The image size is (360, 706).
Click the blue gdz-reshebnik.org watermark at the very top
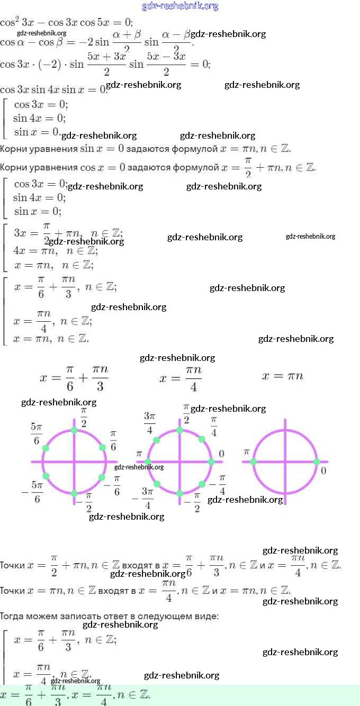point(180,6)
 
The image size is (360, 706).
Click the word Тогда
point(12,616)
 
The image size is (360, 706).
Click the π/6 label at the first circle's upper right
point(113,440)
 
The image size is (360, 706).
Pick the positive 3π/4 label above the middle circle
point(150,422)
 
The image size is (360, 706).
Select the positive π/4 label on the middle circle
point(214,427)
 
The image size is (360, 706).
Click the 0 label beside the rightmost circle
point(323,470)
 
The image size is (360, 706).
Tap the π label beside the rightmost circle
point(246,452)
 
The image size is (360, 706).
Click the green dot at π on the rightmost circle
point(254,462)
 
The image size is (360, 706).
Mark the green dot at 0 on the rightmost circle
point(317,462)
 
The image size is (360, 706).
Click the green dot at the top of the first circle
point(74,430)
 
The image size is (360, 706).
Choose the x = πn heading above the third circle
point(283,376)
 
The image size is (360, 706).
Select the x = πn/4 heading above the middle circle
point(181,378)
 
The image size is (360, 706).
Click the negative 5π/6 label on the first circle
point(33,492)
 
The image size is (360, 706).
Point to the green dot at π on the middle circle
point(148,462)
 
